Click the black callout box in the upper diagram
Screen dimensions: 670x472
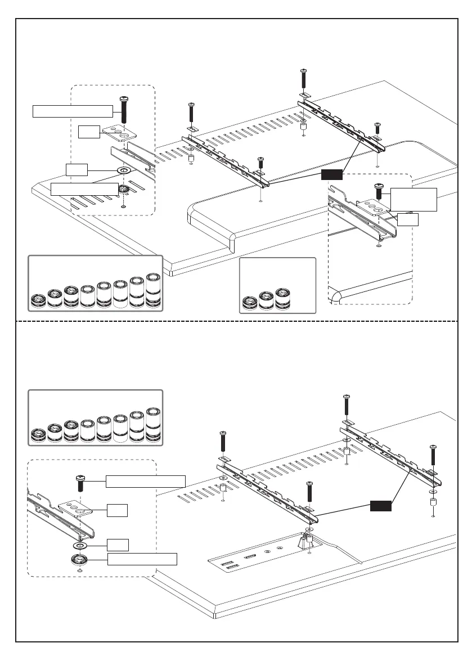pos(331,175)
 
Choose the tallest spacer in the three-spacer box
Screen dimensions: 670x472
pos(282,299)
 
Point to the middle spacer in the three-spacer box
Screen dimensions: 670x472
pos(266,302)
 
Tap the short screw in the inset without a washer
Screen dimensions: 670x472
pos(379,192)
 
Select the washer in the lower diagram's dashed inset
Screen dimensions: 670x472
pos(79,546)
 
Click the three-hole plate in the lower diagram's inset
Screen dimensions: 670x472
pos(75,509)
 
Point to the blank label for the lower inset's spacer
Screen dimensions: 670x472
pos(142,559)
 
